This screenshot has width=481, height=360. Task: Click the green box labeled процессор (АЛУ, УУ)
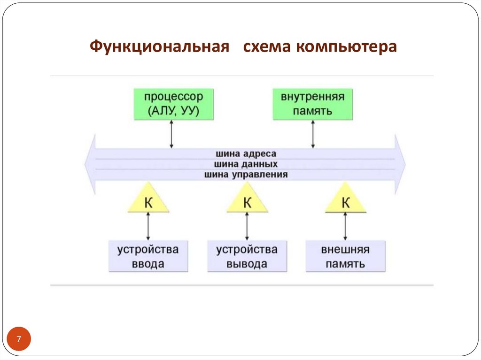[173, 104]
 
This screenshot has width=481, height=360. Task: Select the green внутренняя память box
[313, 104]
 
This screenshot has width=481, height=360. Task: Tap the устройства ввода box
[148, 256]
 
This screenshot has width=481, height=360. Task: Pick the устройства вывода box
[247, 256]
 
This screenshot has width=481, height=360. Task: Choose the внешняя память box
[345, 256]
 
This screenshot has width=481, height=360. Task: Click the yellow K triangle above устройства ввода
[148, 201]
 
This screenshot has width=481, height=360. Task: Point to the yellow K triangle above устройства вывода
[247, 201]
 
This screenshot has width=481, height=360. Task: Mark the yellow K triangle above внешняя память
[346, 201]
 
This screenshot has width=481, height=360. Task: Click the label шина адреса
[246, 154]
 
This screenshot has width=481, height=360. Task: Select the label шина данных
[246, 164]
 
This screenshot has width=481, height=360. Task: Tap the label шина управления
[246, 175]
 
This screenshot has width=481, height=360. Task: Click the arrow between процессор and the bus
[171, 134]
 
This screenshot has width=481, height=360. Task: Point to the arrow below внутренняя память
[313, 134]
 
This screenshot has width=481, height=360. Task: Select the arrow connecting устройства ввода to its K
[148, 226]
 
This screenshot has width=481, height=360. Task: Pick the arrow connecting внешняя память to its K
[345, 226]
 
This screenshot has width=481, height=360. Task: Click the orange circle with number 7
[19, 339]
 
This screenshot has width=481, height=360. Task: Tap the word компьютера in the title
[346, 47]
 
